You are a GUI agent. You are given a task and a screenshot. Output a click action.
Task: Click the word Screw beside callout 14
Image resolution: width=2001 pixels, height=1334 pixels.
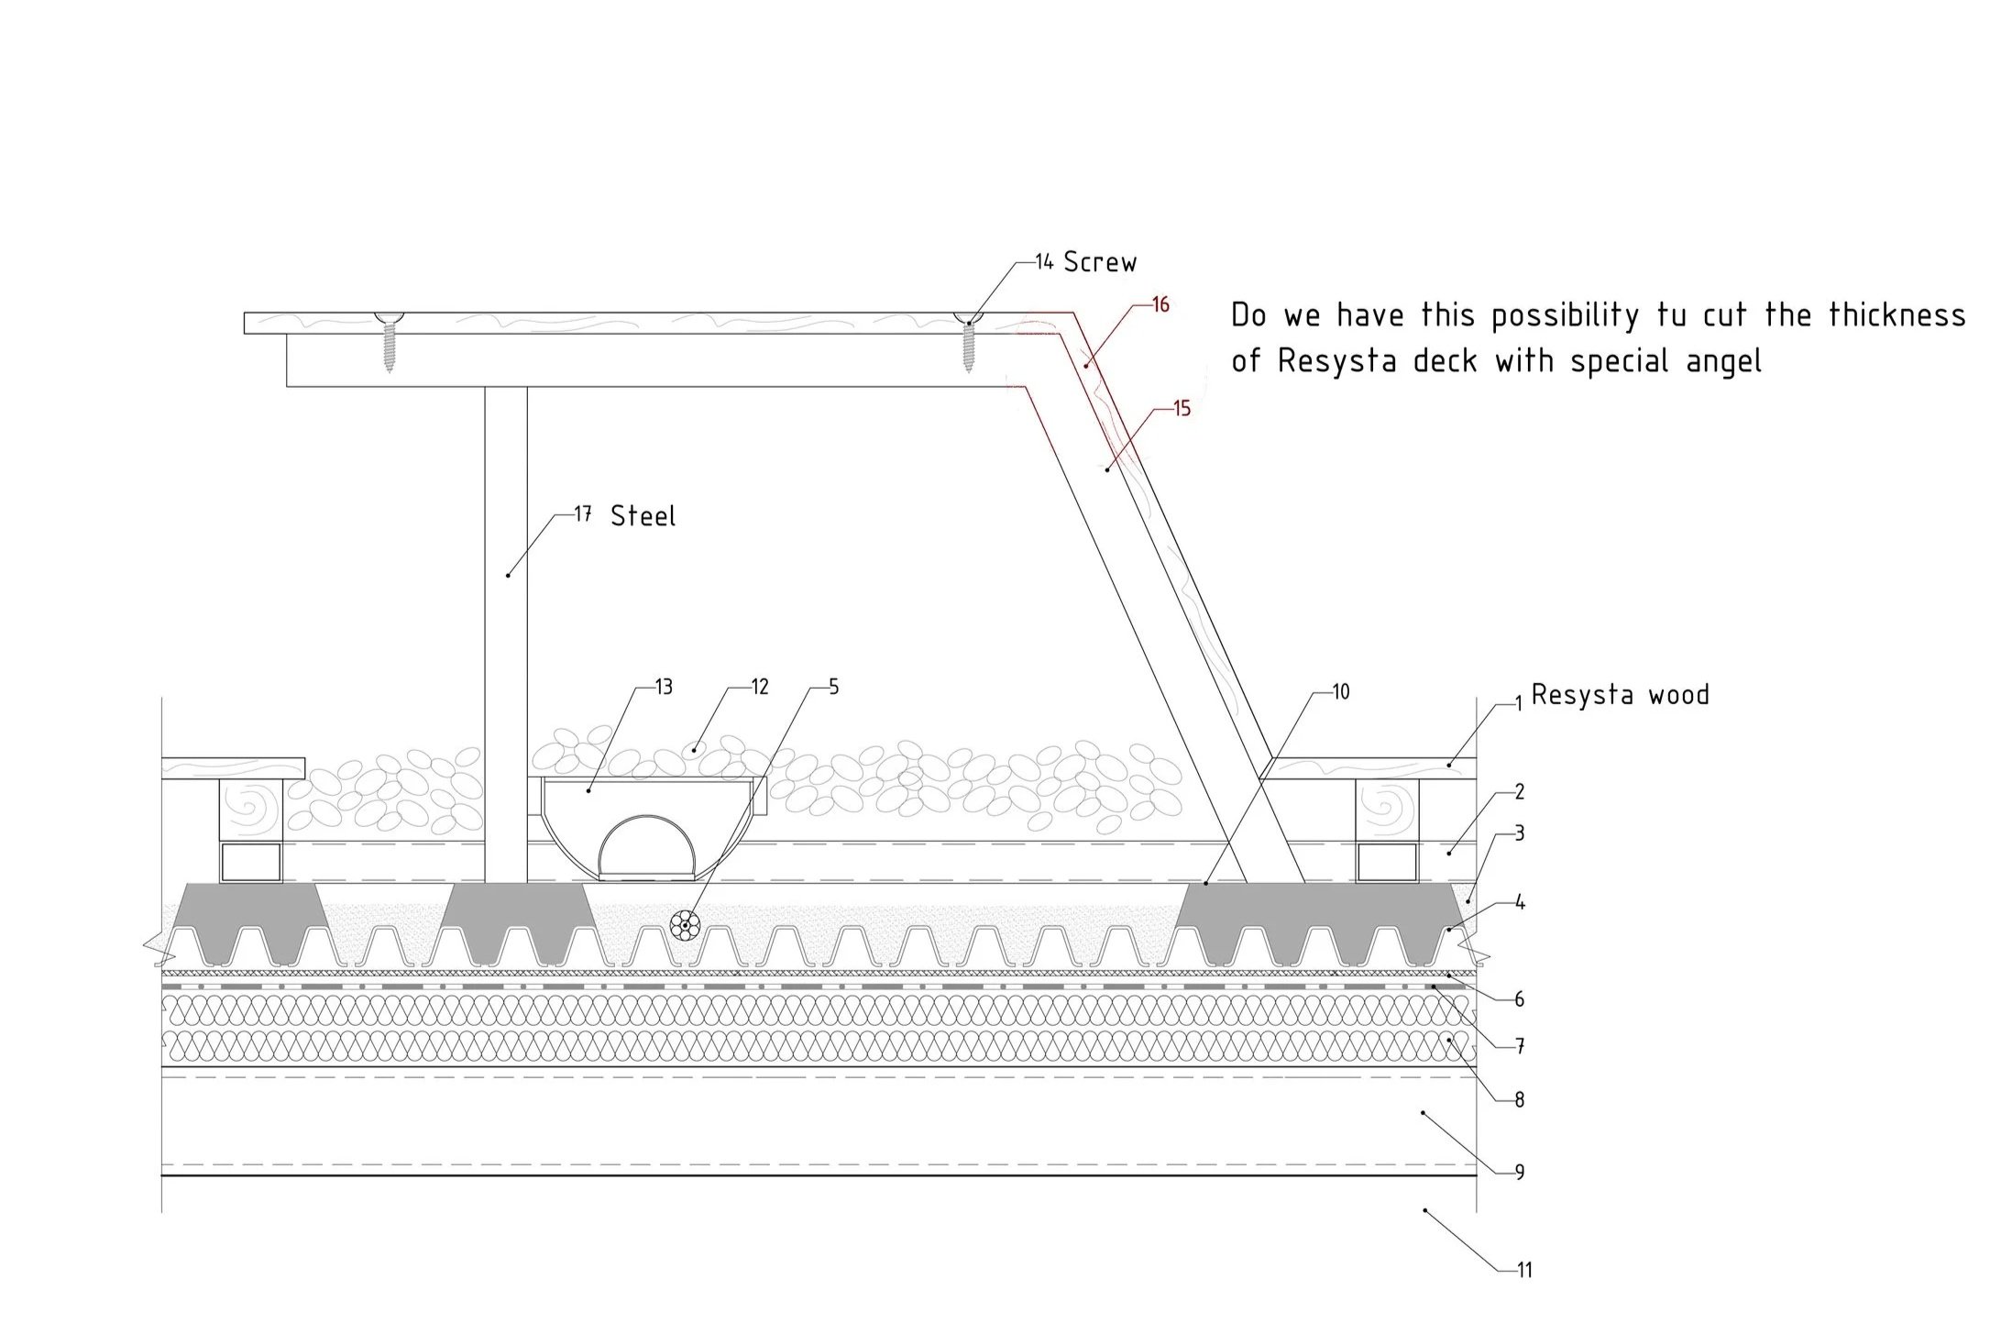click(x=1099, y=263)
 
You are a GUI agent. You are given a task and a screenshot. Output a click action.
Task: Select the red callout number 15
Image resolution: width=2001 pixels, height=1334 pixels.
click(x=1182, y=409)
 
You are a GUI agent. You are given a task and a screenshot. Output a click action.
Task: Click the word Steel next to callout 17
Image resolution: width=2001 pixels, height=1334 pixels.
click(x=643, y=516)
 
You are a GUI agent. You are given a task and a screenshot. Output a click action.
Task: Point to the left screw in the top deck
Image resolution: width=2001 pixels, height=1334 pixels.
click(x=389, y=340)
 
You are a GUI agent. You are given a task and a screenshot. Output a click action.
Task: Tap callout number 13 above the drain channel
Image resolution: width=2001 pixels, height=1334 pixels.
click(x=664, y=688)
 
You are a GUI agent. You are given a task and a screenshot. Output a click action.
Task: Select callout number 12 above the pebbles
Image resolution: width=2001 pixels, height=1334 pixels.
click(x=759, y=688)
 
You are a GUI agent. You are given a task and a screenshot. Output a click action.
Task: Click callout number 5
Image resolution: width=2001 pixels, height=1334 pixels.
click(x=833, y=688)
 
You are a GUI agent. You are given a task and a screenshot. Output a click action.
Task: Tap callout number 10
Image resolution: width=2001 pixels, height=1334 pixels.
click(x=1340, y=693)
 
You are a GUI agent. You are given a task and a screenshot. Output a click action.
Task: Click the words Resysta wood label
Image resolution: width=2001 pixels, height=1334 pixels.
click(x=1620, y=695)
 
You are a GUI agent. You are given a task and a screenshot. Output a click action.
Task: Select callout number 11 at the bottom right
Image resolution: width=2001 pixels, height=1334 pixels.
click(x=1524, y=1271)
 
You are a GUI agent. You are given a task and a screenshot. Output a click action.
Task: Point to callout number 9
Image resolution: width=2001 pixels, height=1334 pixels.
click(x=1519, y=1173)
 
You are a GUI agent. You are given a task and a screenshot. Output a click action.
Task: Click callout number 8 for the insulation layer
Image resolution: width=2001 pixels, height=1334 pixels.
click(x=1519, y=1099)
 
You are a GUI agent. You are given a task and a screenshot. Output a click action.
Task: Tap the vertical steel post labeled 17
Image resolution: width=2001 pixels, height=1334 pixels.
click(x=506, y=633)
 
